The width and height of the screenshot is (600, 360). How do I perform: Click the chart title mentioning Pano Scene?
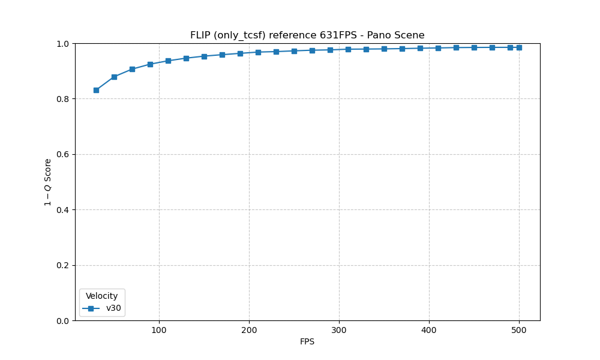(307, 35)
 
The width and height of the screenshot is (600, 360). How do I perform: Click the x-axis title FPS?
(307, 342)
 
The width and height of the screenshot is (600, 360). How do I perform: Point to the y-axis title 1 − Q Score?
(48, 182)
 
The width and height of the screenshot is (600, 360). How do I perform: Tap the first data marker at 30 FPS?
(96, 90)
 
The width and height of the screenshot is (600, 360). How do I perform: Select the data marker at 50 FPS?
(114, 77)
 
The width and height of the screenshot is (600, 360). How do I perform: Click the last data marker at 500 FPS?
(519, 47)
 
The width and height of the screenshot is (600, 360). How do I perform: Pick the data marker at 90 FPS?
(150, 64)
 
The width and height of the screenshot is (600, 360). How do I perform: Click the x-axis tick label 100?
(159, 329)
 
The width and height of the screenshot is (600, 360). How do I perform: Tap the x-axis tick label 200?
(249, 329)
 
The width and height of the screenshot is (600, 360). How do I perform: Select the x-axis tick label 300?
(339, 329)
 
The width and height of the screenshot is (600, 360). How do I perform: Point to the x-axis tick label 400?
(429, 329)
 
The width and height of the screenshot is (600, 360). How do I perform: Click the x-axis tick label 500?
(519, 329)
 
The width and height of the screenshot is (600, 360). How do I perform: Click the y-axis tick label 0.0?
(63, 321)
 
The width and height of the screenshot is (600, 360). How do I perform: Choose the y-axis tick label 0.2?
(63, 265)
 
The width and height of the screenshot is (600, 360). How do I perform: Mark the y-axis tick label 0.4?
(63, 210)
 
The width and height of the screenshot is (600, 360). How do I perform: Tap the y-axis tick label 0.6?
(63, 154)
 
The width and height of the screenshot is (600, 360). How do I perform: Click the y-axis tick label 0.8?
(63, 99)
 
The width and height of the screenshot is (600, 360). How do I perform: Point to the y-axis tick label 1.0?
(63, 44)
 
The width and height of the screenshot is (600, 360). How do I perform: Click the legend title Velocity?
(102, 296)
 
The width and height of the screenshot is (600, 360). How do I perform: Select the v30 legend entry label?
(114, 308)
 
